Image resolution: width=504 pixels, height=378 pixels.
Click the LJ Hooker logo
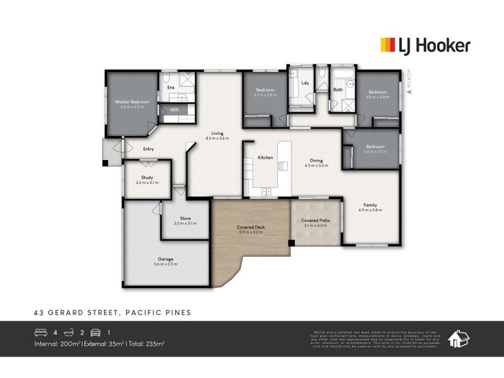coord(424,45)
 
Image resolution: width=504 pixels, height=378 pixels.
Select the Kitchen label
coord(265,157)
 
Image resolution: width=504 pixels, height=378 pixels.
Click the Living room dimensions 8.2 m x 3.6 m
coord(217,138)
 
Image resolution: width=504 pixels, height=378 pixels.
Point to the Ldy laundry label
coord(305,83)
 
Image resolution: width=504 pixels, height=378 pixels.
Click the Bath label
coord(338,90)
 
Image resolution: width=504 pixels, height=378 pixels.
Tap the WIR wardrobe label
coord(174,110)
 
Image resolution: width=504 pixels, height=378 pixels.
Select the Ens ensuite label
coord(170,88)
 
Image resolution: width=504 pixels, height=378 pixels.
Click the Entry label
coord(149,149)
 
